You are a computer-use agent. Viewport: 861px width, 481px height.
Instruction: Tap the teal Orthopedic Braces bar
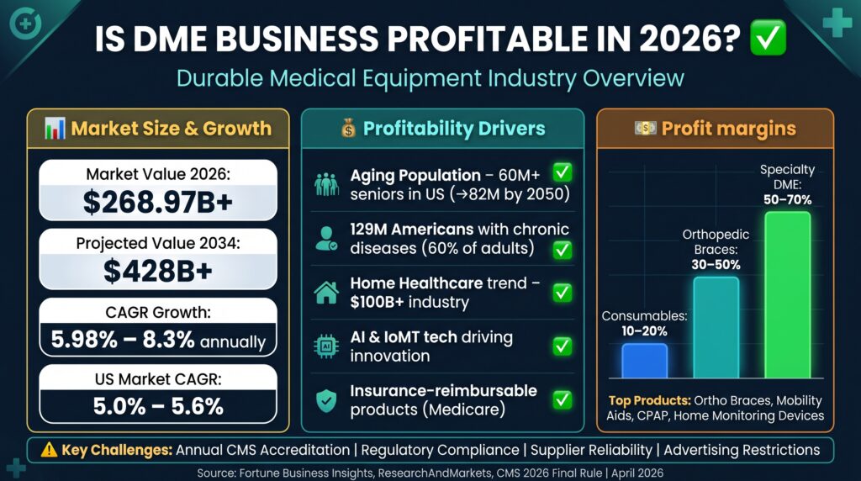pyautogui.click(x=716, y=327)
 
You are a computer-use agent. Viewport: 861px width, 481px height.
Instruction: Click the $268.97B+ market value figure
pyautogui.click(x=158, y=202)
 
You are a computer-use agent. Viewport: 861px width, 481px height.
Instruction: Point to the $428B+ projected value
pyautogui.click(x=158, y=271)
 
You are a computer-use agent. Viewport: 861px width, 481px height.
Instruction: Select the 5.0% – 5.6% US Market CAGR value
pyautogui.click(x=158, y=406)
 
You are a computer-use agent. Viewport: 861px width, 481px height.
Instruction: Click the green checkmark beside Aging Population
pyautogui.click(x=562, y=173)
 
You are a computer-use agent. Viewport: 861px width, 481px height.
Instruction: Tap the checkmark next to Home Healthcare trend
pyautogui.click(x=562, y=292)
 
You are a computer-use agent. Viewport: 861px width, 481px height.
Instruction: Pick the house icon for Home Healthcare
pyautogui.click(x=325, y=292)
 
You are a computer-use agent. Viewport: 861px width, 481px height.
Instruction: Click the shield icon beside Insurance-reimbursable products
pyautogui.click(x=325, y=400)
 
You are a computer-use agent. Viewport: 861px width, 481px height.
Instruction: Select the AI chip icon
pyautogui.click(x=325, y=346)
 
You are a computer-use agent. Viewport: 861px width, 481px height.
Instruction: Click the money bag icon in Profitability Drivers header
pyautogui.click(x=349, y=129)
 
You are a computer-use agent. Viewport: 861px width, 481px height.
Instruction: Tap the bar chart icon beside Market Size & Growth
pyautogui.click(x=55, y=129)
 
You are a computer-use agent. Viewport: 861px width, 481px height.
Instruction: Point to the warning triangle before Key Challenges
pyautogui.click(x=49, y=450)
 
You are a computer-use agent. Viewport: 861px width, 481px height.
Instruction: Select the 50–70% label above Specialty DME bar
pyautogui.click(x=787, y=200)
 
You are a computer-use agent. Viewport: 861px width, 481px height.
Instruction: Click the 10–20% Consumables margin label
pyautogui.click(x=644, y=332)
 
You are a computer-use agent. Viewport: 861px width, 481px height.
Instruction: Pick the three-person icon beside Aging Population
pyautogui.click(x=325, y=182)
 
